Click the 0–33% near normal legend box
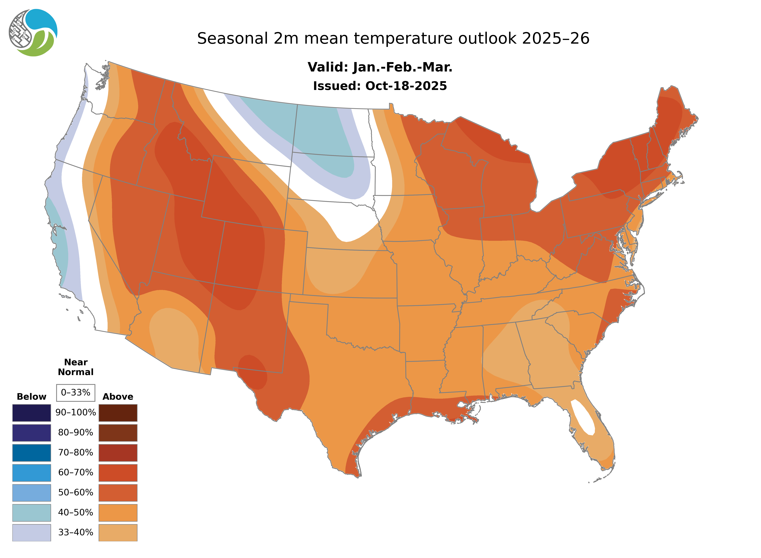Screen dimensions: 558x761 click(x=76, y=393)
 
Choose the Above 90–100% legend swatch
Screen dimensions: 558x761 click(x=118, y=413)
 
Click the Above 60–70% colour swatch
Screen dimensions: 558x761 click(x=118, y=473)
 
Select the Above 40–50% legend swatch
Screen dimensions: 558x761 click(x=118, y=512)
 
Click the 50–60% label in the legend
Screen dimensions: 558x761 click(x=76, y=492)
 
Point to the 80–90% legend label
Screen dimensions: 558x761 click(x=76, y=433)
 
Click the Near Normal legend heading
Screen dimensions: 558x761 click(x=76, y=367)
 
